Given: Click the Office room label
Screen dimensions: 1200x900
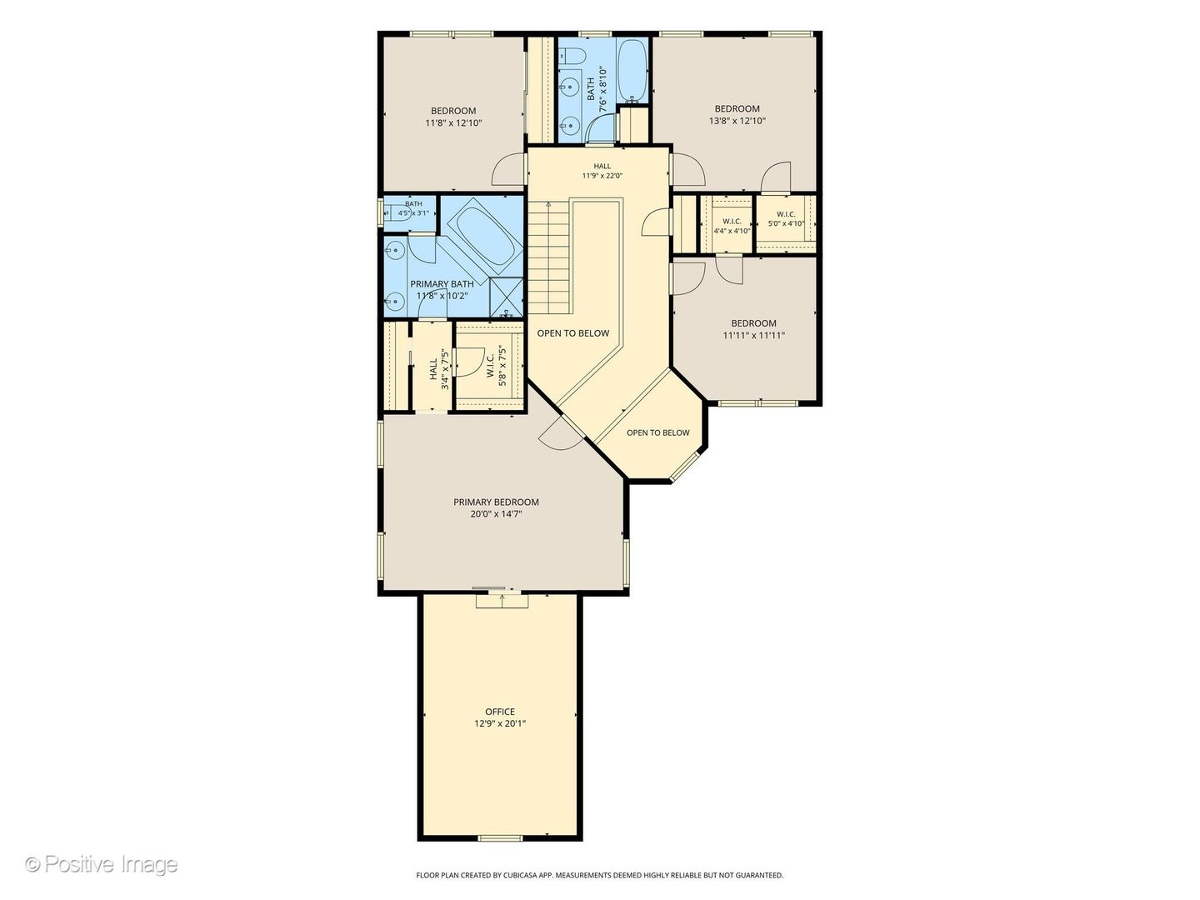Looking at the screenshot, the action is (500, 712).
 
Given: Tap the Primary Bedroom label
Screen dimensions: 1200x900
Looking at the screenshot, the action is (496, 502).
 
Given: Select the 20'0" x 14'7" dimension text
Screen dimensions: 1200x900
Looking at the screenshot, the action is (496, 513).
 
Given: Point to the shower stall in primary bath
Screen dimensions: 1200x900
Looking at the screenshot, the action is (506, 297).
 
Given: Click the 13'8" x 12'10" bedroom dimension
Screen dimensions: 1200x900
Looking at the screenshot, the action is (737, 121).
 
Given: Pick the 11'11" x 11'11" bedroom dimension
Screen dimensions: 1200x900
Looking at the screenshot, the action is (753, 335).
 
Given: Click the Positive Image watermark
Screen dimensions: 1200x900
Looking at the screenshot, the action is (102, 864).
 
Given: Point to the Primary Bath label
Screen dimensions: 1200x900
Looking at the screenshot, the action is (442, 284).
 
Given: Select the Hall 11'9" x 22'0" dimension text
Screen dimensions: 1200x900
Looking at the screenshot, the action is (602, 176).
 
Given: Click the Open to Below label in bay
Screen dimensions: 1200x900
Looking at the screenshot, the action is (657, 432).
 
